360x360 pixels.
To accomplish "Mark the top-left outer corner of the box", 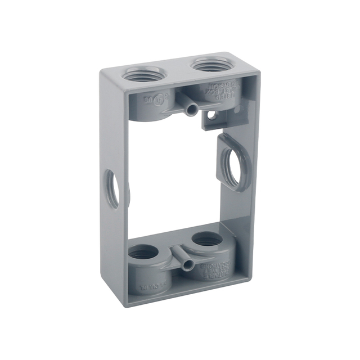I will pyautogui.click(x=102, y=70).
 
